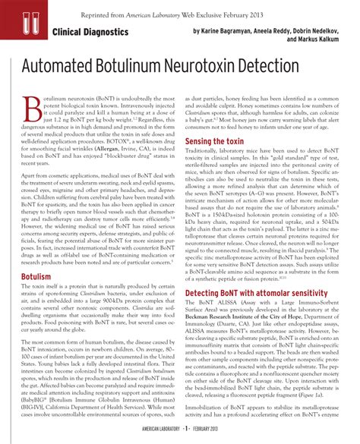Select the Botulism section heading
[x=36, y=256]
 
